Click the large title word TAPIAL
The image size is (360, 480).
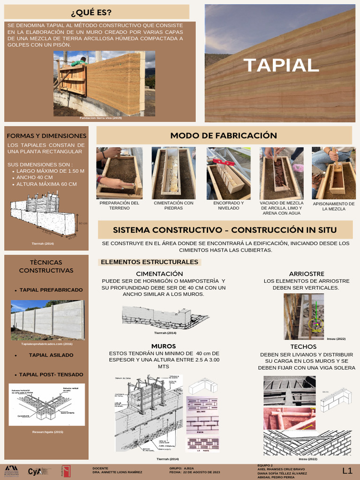click(281, 65)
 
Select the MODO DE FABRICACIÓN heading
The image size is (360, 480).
click(224, 135)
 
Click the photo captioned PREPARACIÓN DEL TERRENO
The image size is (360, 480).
click(119, 173)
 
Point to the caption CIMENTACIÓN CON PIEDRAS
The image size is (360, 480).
click(173, 205)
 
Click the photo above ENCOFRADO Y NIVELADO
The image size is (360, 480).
click(228, 173)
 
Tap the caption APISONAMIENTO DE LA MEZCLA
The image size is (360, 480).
click(333, 206)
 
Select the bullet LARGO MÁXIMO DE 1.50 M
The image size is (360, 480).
click(50, 171)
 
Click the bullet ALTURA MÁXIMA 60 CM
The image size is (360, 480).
click(46, 184)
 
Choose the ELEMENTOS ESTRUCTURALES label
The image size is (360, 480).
click(150, 262)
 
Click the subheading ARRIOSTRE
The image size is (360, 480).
click(307, 273)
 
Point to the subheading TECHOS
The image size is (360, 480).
click(303, 346)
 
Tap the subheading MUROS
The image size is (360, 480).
click(164, 346)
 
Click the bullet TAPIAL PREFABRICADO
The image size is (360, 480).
click(51, 290)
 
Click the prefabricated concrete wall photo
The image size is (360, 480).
click(48, 320)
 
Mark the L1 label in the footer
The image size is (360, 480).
click(347, 470)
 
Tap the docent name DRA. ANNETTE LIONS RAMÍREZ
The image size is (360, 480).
click(118, 472)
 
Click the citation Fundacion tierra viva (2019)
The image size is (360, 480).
click(101, 118)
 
